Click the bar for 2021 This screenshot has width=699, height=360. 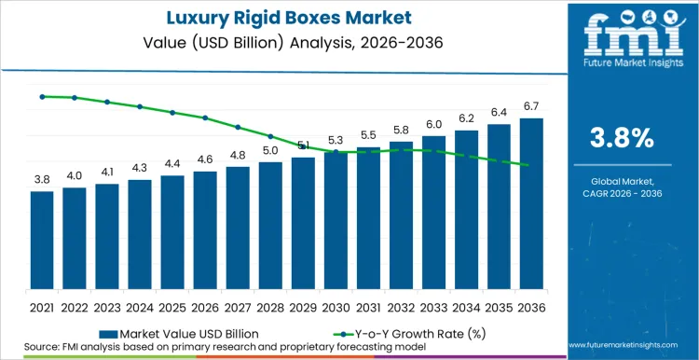pos(42,242)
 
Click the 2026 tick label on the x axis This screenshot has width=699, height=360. pos(205,306)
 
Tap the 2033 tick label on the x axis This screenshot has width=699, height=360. pos(433,306)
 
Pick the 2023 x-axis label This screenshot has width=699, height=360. pos(107,306)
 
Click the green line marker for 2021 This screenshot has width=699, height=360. pos(42,96)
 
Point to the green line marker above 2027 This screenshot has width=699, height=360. pos(238,127)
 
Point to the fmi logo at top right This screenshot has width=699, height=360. pos(623,37)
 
